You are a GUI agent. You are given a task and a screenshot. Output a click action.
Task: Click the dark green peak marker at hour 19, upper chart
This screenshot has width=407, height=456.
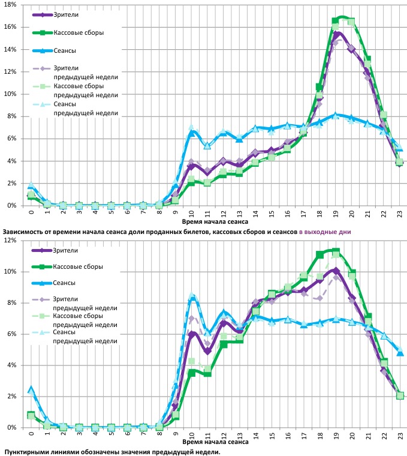tap(335, 21)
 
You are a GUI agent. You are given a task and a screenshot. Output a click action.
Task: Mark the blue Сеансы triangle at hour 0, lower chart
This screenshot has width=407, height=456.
tap(31, 389)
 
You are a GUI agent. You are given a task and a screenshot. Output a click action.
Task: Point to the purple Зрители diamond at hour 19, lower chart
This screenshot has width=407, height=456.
tap(336, 271)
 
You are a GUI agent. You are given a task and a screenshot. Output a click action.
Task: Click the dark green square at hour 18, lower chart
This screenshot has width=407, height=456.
tap(319, 254)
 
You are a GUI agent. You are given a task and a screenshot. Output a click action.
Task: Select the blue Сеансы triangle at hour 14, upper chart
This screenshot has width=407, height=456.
tap(255, 128)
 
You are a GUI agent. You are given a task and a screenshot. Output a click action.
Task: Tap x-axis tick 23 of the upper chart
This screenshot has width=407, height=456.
tap(399, 213)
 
